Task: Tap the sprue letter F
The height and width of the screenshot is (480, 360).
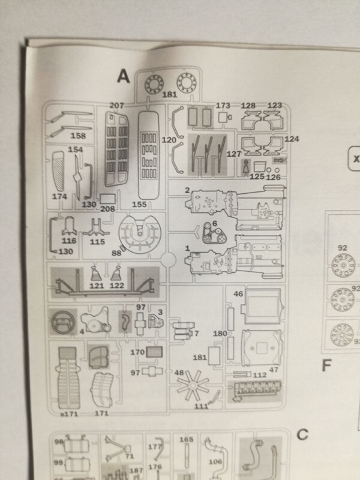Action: pyautogui.click(x=326, y=364)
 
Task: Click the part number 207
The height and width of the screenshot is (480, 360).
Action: pyautogui.click(x=118, y=106)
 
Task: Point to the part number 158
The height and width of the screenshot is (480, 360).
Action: pyautogui.click(x=78, y=136)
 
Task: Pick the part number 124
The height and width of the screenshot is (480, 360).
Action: pyautogui.click(x=292, y=139)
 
